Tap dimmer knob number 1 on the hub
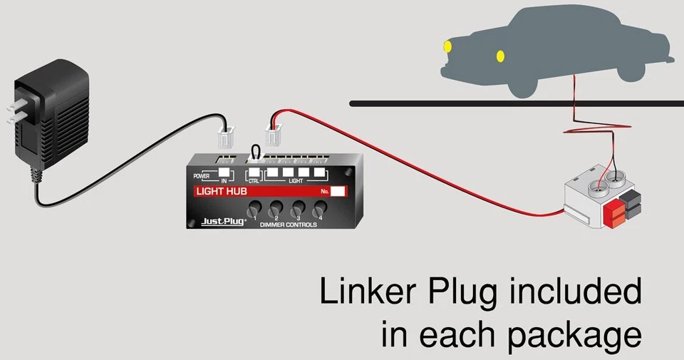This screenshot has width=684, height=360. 253,210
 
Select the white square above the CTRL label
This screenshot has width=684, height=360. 254,173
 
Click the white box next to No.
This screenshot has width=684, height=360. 338,191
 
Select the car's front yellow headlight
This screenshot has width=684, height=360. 447,47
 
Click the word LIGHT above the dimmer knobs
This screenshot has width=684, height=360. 295,181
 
